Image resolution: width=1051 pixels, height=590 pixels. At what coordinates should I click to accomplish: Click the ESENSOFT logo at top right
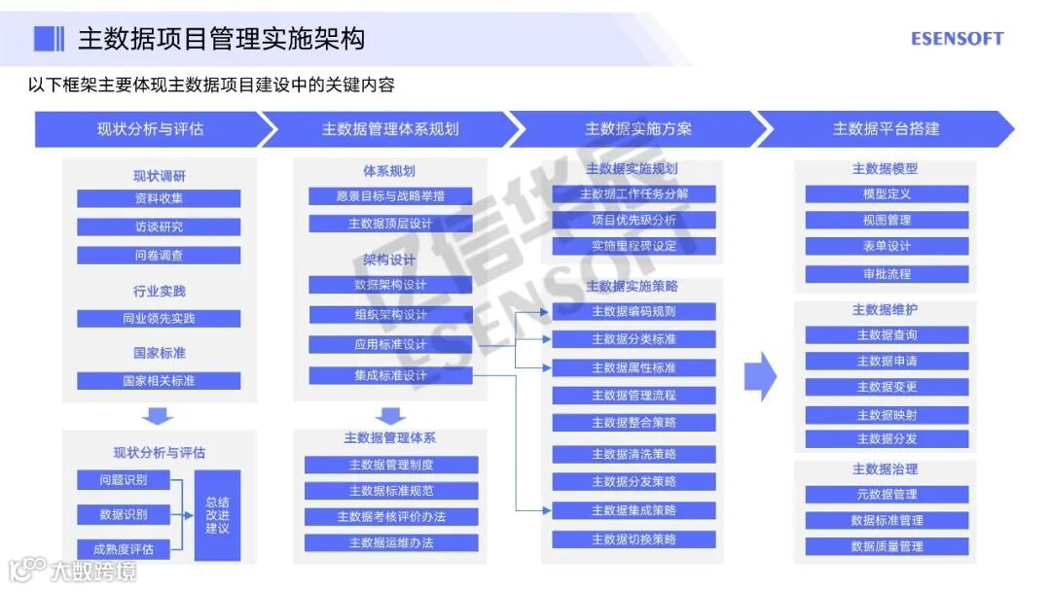coord(957,39)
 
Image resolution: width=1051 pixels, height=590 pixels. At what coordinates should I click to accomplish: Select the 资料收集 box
coord(159,198)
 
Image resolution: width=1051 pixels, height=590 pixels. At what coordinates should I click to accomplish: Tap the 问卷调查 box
coord(159,256)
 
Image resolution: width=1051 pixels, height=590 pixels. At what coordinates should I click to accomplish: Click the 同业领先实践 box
coord(159,319)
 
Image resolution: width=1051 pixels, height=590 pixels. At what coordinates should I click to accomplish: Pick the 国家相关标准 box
coord(159,381)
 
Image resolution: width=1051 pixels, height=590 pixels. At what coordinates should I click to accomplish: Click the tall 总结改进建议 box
coord(217,515)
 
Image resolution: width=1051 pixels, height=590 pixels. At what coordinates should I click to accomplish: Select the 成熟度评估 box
coord(124,549)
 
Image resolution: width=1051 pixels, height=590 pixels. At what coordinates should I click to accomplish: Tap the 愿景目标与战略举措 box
coord(390,196)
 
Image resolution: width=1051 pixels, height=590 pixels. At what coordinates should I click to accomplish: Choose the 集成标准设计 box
coord(390,376)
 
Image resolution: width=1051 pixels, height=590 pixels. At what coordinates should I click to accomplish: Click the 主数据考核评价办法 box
coord(391,516)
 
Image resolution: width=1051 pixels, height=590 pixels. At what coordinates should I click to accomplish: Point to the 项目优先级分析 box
coord(634,220)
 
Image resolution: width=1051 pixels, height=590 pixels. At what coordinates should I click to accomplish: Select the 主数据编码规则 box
coord(634,311)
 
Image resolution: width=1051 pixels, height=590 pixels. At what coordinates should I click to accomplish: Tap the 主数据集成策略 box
coord(634,510)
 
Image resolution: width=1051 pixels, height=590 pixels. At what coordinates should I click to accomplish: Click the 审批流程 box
coord(887,274)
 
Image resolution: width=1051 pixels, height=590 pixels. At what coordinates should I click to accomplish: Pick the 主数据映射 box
coord(887,415)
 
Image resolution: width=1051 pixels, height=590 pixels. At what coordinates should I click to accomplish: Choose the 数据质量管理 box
coord(887,546)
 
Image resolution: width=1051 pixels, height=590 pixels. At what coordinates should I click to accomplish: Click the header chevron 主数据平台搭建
coord(886,129)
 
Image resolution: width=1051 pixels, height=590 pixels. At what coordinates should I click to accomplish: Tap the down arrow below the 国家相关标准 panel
coord(159,416)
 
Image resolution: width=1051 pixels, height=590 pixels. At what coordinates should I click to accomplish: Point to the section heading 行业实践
coord(159,292)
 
